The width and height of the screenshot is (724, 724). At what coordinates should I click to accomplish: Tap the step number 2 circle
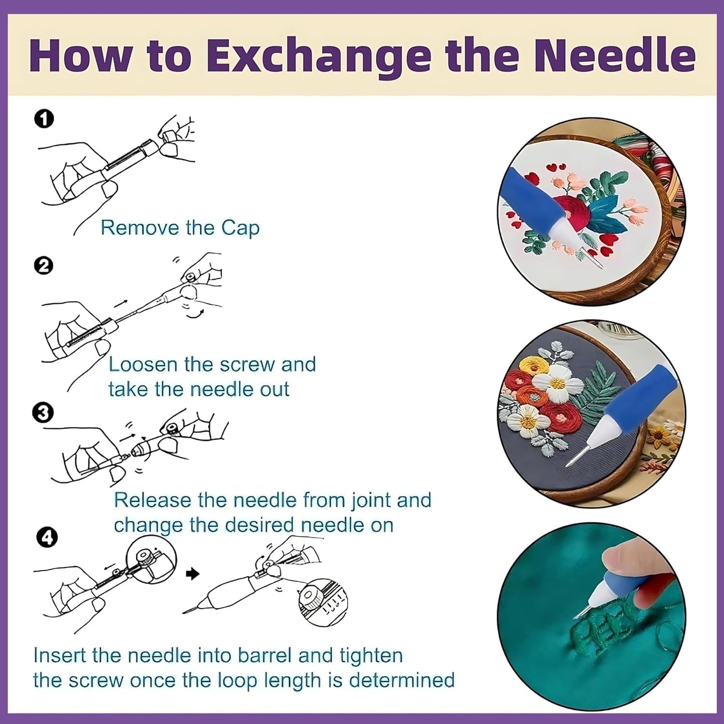[x=44, y=266]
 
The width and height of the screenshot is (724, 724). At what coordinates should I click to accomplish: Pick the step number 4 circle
[x=47, y=538]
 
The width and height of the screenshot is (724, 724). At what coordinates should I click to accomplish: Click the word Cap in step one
[x=240, y=228]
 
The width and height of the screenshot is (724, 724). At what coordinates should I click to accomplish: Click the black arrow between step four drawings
[x=192, y=574]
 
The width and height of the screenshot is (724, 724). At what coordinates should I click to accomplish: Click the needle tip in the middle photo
[x=570, y=466]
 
